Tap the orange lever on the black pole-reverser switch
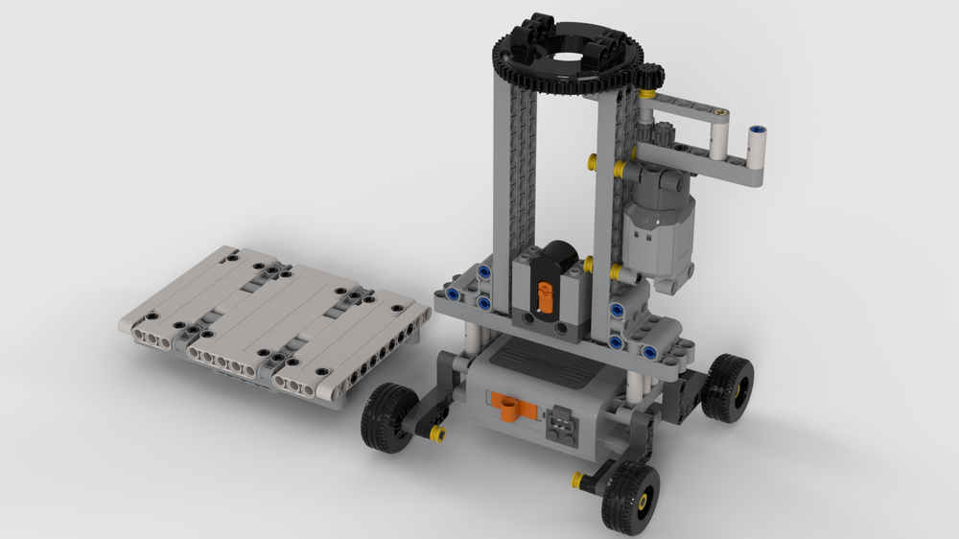point(544,293)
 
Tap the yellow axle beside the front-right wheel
point(577,479)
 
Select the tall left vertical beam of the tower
point(504,173)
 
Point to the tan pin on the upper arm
point(722,116)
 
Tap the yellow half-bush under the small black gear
point(649,94)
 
